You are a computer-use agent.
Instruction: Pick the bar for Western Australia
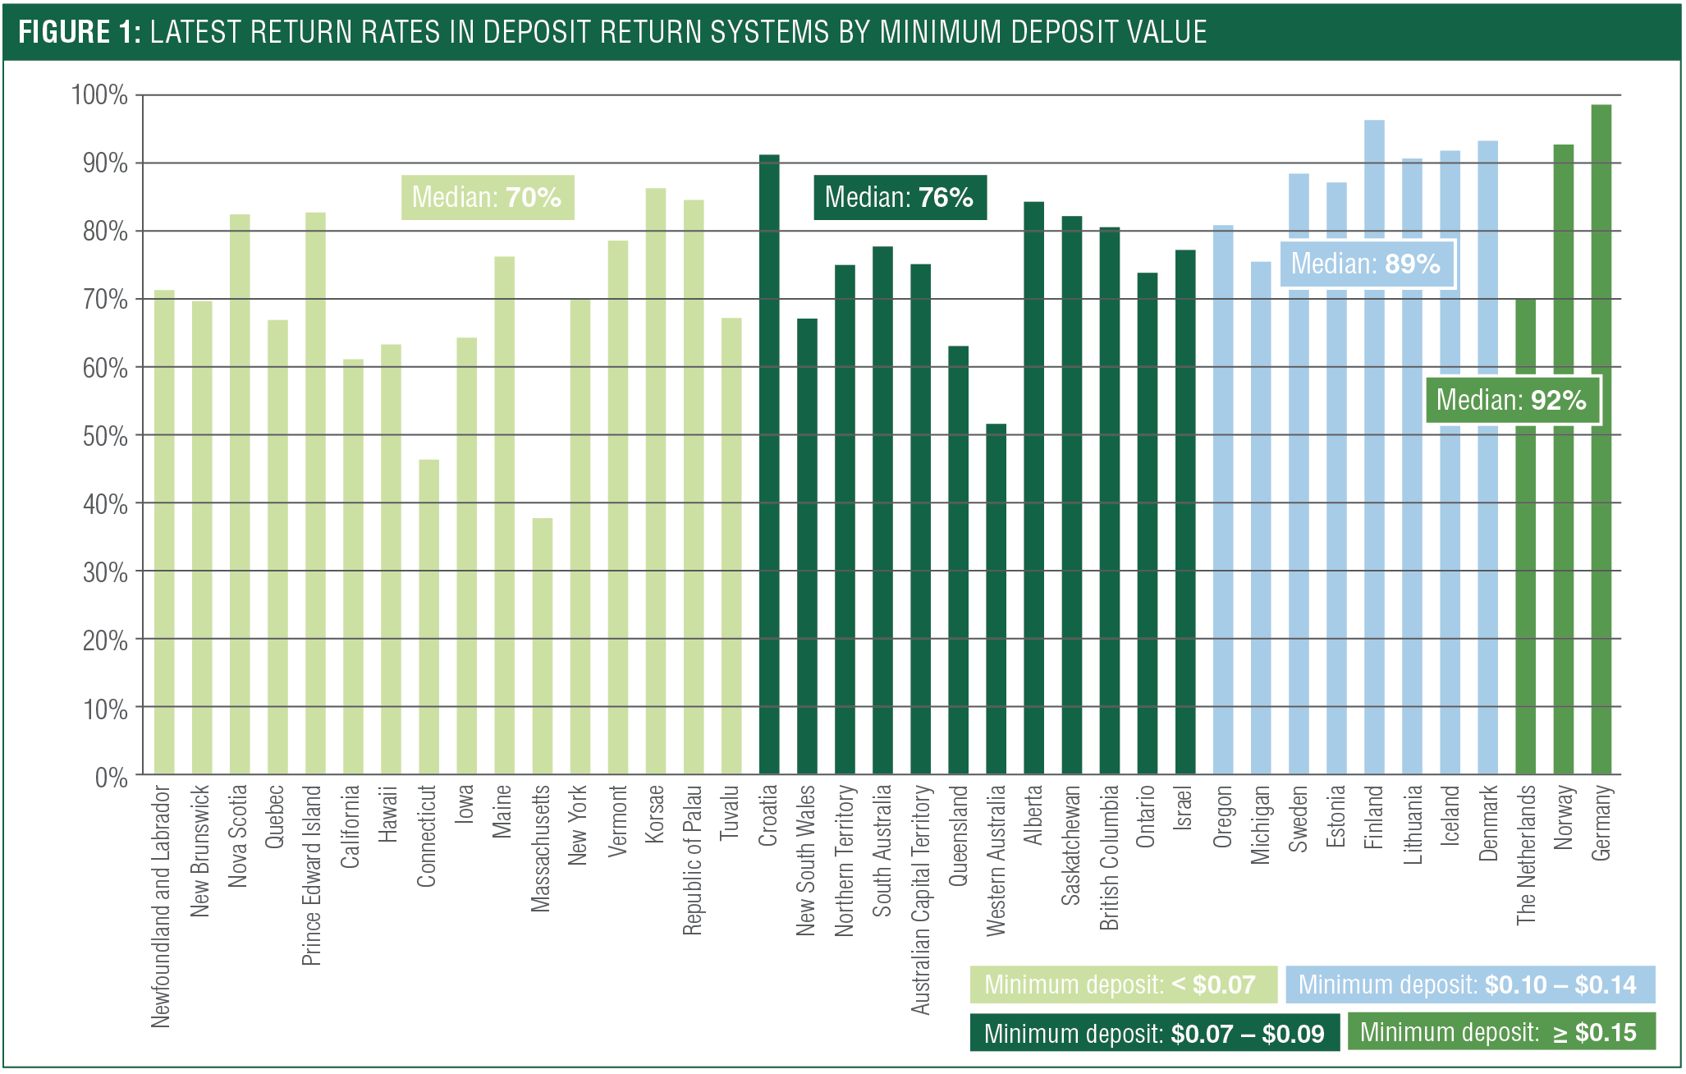pyautogui.click(x=996, y=599)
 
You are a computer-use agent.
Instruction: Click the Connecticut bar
pyautogui.click(x=428, y=617)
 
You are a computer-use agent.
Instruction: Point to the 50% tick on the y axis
pyautogui.click(x=105, y=436)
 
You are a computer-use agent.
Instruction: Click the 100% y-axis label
pyautogui.click(x=100, y=95)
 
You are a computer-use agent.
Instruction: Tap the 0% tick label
pyautogui.click(x=111, y=777)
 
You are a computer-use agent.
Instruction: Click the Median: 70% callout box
pyautogui.click(x=488, y=197)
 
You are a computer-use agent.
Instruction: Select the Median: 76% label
pyautogui.click(x=900, y=197)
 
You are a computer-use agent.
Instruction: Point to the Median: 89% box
pyautogui.click(x=1367, y=264)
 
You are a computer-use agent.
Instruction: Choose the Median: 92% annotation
pyautogui.click(x=1512, y=400)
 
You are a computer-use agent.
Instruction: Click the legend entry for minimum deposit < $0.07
pyautogui.click(x=1122, y=984)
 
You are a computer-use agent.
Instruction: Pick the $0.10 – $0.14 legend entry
pyautogui.click(x=1469, y=984)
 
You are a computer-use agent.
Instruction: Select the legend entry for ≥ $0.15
pyautogui.click(x=1500, y=1032)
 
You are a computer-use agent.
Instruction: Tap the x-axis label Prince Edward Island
pyautogui.click(x=312, y=875)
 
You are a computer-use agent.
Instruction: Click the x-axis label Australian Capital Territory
pyautogui.click(x=921, y=900)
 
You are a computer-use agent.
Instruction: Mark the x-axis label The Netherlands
pyautogui.click(x=1525, y=856)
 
